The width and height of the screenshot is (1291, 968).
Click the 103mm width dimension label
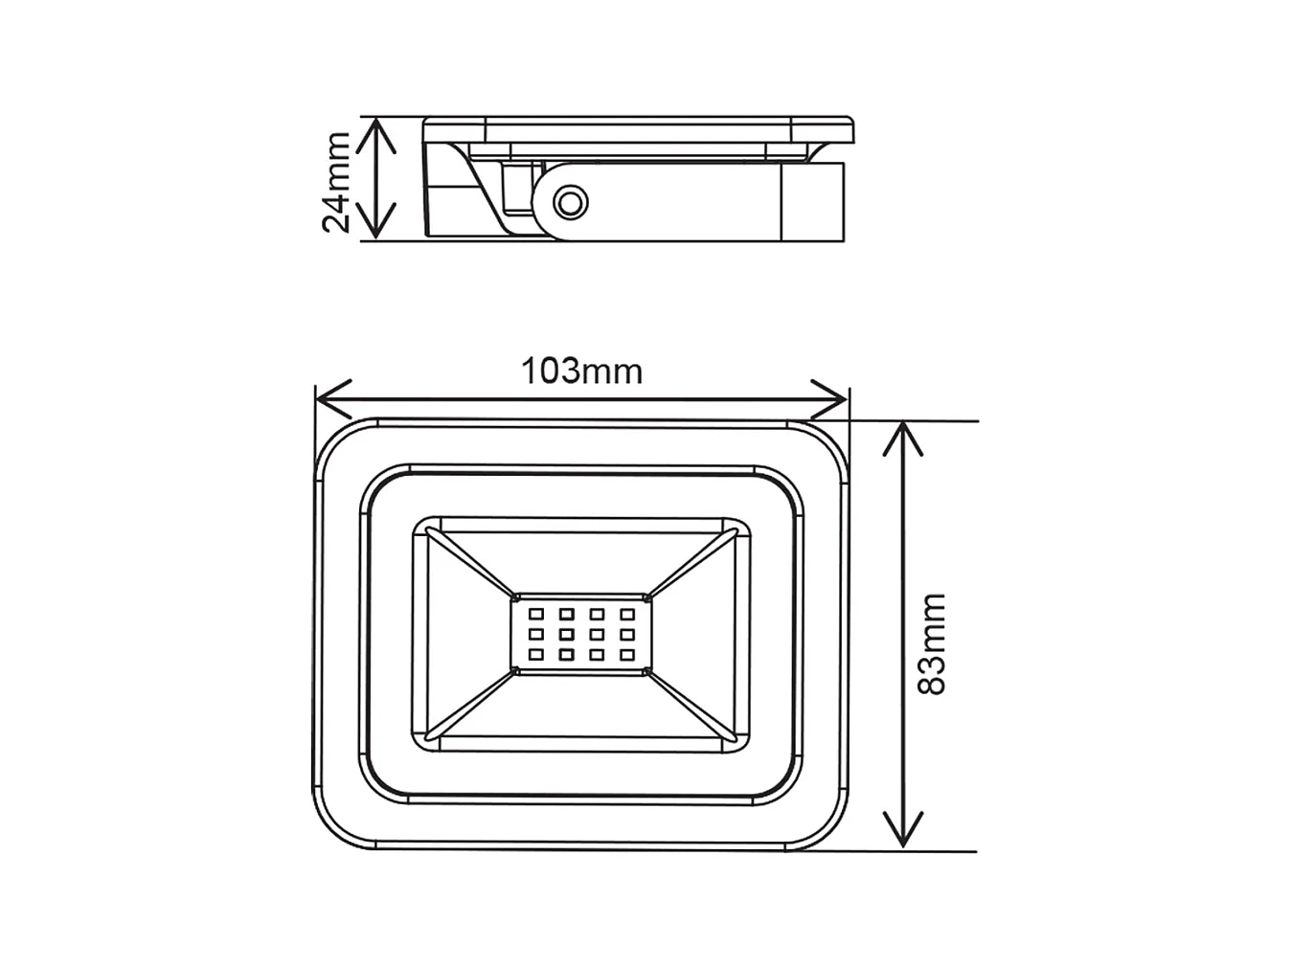point(581,371)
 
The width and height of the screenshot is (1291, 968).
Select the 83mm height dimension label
point(930,643)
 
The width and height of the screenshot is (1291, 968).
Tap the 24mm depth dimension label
point(336,182)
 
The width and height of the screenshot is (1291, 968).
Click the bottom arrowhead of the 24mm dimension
point(379,226)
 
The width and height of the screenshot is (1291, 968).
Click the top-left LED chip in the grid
point(536,614)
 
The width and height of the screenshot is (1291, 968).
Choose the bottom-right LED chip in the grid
point(627,655)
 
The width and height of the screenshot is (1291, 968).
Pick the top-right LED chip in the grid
point(627,614)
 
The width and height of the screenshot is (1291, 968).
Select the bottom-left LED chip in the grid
point(536,655)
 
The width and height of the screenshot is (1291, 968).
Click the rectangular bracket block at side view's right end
point(813,201)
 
